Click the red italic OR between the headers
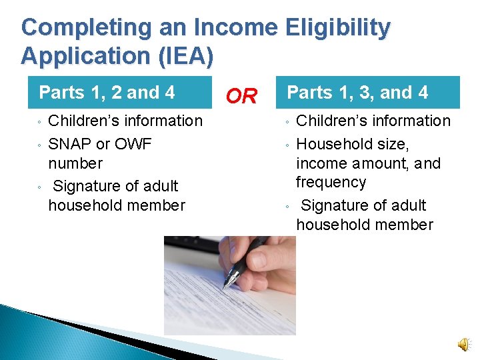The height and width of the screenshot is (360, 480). coord(241,97)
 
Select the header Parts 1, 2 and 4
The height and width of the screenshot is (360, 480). coord(107,92)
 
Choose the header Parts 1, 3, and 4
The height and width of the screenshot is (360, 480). coord(357,92)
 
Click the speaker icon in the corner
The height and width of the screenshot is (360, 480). coord(463,344)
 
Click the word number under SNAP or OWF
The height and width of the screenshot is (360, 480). coord(75,163)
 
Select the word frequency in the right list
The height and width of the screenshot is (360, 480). coord(331,182)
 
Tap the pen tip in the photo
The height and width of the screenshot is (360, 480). coord(226,285)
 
